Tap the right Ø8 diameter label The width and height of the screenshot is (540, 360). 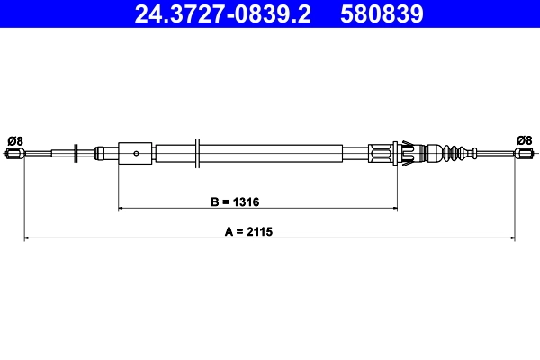coord(525,139)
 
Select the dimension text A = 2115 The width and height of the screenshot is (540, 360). coord(247,230)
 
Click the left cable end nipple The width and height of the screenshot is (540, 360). coord(13,154)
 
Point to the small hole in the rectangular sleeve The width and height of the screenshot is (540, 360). coord(136,153)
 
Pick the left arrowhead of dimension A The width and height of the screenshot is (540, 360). coord(27,238)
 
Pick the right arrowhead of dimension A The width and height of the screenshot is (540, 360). coord(511,238)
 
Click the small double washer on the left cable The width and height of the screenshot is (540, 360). coord(75,152)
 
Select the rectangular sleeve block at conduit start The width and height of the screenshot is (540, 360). coord(136,152)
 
